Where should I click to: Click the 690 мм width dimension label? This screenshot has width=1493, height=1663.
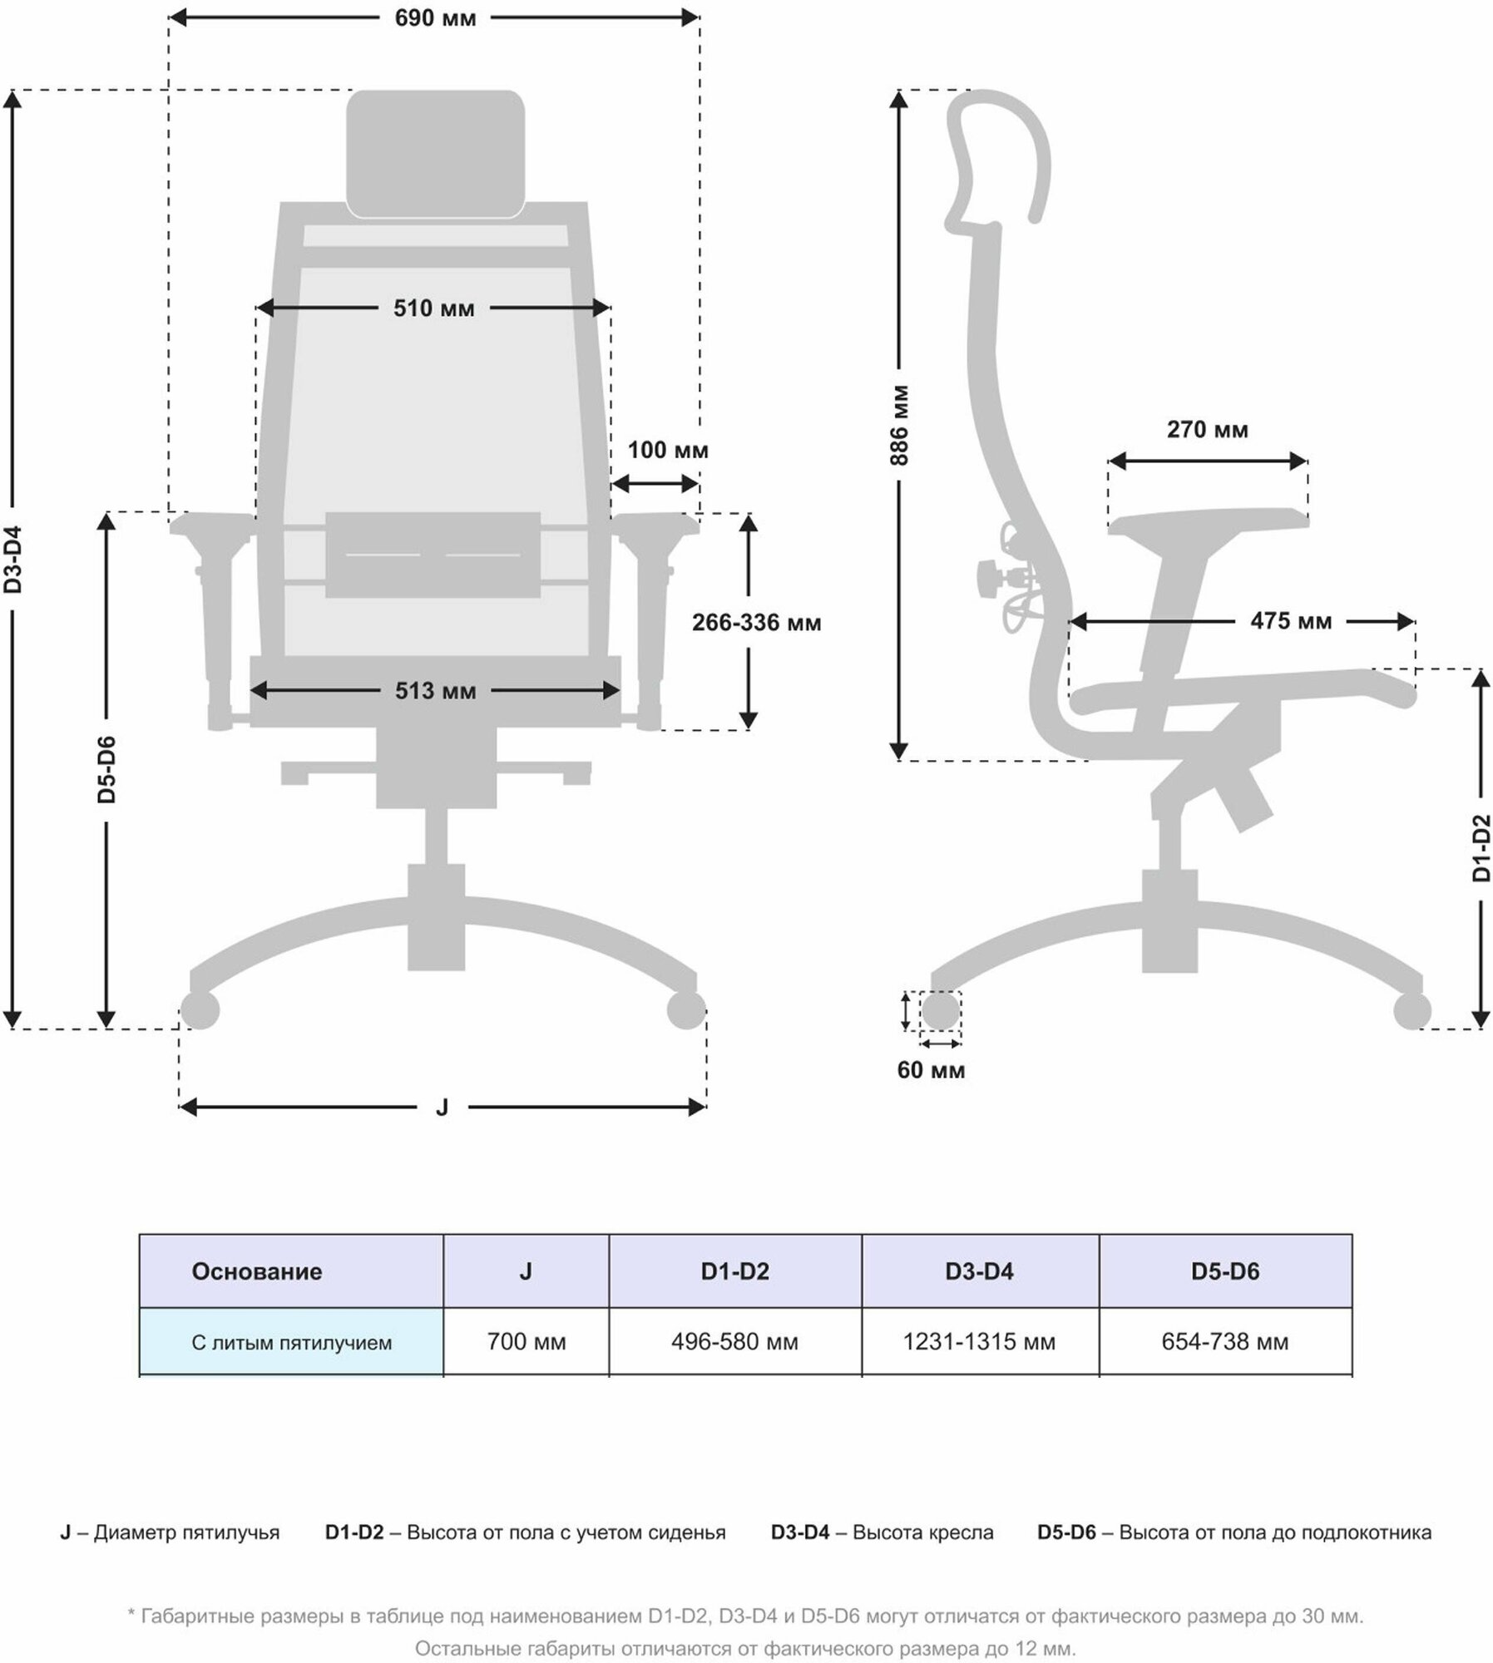(435, 18)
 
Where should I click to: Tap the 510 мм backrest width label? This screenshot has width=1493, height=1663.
(434, 309)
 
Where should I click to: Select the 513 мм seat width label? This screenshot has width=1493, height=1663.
(436, 691)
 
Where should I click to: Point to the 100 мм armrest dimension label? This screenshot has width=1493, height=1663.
(667, 451)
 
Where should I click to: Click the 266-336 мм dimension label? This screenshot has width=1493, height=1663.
(756, 623)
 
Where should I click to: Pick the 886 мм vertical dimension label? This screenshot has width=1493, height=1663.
(899, 425)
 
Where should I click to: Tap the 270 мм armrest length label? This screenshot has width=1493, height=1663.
(1207, 430)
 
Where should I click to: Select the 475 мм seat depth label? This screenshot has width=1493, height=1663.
(1290, 621)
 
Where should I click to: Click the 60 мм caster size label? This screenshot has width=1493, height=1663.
(931, 1070)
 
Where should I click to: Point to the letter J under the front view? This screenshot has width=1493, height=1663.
(442, 1108)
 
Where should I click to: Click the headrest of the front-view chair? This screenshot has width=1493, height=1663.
(435, 154)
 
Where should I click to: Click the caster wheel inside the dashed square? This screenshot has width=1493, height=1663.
(939, 1012)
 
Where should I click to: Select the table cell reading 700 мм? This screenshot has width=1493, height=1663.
(526, 1341)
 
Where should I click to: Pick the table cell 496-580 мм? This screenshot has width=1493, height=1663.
(734, 1341)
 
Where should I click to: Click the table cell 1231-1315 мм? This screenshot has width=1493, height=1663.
(979, 1341)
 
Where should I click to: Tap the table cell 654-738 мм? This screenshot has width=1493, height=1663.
(1224, 1341)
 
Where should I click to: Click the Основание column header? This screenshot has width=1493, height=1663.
(256, 1271)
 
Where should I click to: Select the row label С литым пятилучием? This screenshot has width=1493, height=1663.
(291, 1342)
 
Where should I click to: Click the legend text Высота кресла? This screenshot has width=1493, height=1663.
(922, 1532)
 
